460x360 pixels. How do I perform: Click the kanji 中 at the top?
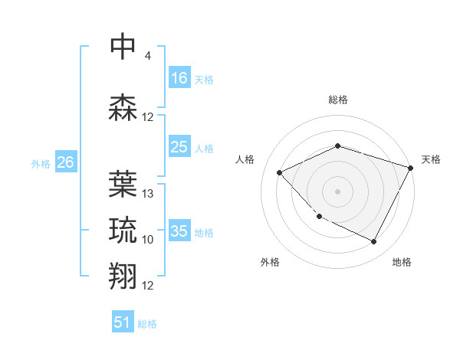click(x=123, y=46)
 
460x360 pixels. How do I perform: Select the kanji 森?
click(x=123, y=107)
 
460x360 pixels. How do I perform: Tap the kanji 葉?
click(x=123, y=184)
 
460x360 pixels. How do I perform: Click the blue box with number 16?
click(x=179, y=77)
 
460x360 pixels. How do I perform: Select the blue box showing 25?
click(x=179, y=147)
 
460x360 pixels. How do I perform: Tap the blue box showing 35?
click(x=179, y=231)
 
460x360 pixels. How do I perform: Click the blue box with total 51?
click(x=123, y=322)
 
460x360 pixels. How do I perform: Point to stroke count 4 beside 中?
click(x=148, y=56)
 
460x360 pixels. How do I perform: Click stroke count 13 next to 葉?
click(x=148, y=194)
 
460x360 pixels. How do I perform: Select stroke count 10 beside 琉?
click(x=148, y=240)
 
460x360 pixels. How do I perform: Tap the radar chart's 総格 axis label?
click(x=338, y=100)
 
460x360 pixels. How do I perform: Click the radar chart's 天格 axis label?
click(x=431, y=159)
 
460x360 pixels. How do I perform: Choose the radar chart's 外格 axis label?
click(x=270, y=262)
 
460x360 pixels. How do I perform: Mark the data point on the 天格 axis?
click(x=412, y=168)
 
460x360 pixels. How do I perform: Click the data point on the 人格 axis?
click(x=280, y=173)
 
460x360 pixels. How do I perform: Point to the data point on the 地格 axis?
click(x=374, y=242)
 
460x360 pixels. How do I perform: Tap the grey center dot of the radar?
click(x=338, y=191)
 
